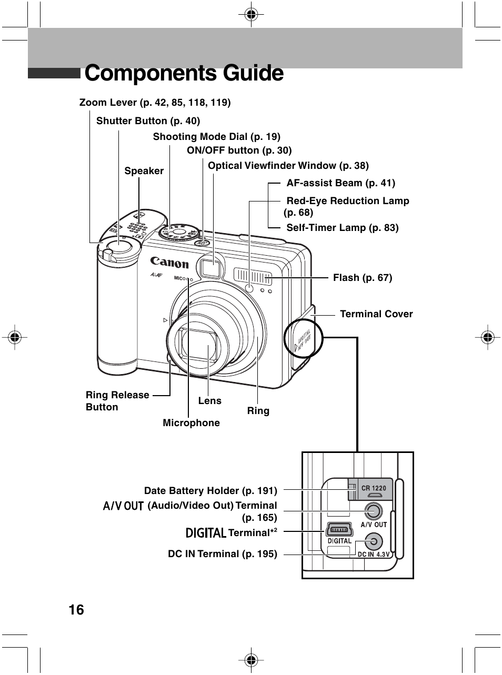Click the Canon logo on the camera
(x=169, y=262)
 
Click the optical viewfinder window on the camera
(x=211, y=269)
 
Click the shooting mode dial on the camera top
(x=179, y=231)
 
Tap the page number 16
(x=76, y=610)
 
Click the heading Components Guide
(x=184, y=73)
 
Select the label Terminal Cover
(x=376, y=314)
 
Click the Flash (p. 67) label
(x=363, y=277)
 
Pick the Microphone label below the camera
(x=191, y=423)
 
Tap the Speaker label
(x=144, y=171)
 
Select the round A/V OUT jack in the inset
(x=373, y=511)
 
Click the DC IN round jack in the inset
(x=374, y=541)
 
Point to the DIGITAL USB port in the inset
(x=339, y=528)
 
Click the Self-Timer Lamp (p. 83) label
(x=342, y=228)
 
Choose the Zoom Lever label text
(x=155, y=102)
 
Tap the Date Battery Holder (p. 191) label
(x=210, y=491)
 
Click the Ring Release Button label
(x=117, y=401)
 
